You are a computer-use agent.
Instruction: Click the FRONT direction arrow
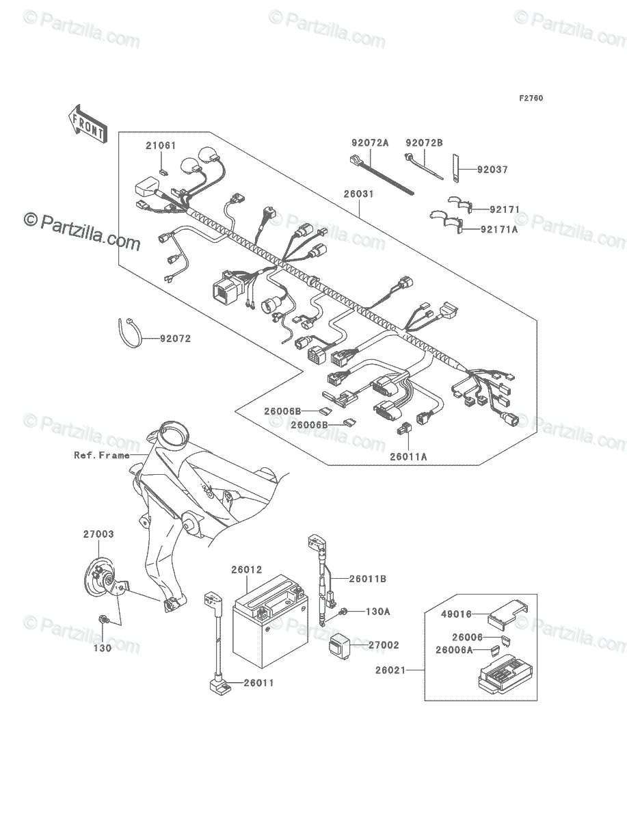[88, 124]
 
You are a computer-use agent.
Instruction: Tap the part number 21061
[161, 146]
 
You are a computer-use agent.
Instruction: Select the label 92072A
[370, 143]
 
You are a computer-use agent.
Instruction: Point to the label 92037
[492, 170]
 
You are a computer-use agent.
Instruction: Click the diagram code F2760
[531, 99]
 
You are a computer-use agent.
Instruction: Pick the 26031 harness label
[359, 194]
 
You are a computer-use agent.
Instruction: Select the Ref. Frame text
[102, 455]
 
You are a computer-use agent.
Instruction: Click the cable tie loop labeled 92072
[129, 333]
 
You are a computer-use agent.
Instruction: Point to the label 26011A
[408, 457]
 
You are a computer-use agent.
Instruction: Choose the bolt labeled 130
[103, 621]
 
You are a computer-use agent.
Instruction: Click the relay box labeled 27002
[339, 647]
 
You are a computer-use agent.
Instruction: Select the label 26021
[390, 670]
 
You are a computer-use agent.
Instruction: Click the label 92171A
[499, 229]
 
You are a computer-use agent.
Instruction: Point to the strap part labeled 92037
[456, 168]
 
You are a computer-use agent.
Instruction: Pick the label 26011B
[368, 579]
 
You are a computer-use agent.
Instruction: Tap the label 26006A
[454, 650]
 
